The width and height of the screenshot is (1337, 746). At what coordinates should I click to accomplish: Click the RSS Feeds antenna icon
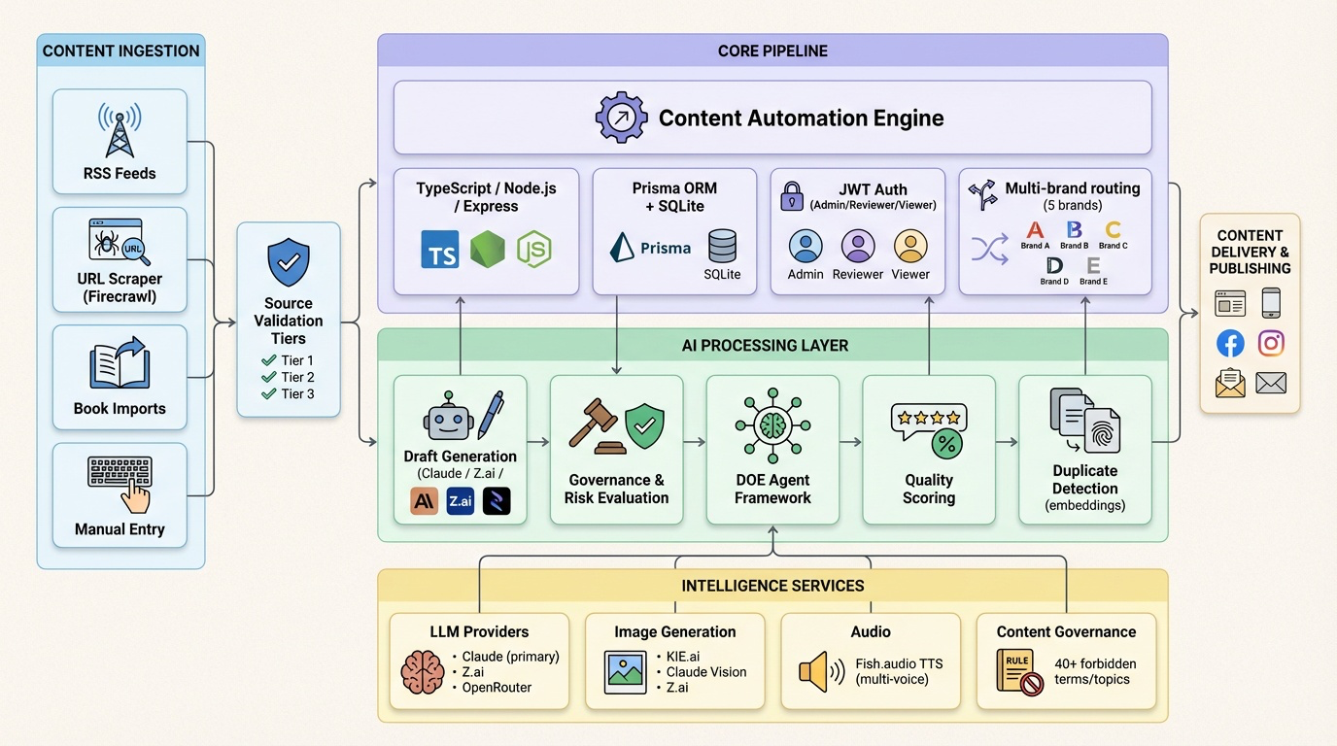[120, 130]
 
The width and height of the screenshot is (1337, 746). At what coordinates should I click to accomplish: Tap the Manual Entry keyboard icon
[120, 483]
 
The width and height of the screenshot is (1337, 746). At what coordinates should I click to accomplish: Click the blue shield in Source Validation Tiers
[289, 263]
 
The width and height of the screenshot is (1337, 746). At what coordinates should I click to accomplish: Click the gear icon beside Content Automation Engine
[621, 118]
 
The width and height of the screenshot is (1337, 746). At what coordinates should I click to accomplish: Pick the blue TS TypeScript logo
[440, 249]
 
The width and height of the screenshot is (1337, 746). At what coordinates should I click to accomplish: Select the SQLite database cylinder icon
[722, 246]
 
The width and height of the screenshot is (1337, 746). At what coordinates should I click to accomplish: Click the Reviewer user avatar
[858, 247]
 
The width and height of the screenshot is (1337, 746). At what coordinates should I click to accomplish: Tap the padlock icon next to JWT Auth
[792, 197]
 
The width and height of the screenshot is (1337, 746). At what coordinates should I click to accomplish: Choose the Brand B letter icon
[1074, 230]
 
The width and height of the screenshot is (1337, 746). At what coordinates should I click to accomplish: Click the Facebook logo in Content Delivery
[1230, 343]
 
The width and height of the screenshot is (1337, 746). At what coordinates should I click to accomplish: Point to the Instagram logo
[1271, 343]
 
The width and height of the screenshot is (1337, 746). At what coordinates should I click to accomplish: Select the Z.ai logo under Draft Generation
[461, 501]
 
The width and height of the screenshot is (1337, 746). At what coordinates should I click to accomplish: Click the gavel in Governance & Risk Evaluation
[595, 426]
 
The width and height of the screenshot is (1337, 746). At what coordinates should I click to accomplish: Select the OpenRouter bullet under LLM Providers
[497, 688]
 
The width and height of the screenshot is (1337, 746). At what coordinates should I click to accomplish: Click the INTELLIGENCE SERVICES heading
[772, 586]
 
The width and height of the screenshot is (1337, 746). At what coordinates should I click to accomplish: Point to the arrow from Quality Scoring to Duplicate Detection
[1007, 442]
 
